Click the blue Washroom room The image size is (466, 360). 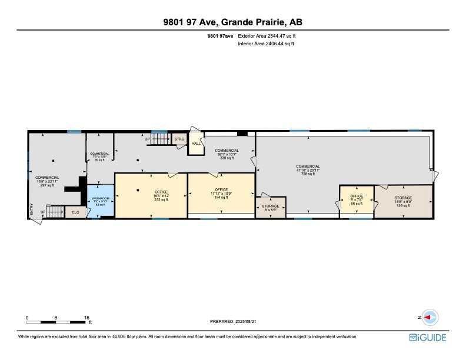100,201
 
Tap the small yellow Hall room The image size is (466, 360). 196,144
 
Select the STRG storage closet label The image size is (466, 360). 179,139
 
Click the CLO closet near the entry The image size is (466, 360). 75,212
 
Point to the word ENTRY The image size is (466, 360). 32,209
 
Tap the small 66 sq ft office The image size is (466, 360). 357,199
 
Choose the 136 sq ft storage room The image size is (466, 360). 403,201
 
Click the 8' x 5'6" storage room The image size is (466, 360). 271,206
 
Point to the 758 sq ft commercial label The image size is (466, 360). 308,170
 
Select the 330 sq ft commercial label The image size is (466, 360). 227,154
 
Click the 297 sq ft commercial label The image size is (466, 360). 47,181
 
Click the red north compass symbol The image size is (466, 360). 430,317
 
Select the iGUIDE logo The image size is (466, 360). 428,337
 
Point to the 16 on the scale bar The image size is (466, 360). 87,317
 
